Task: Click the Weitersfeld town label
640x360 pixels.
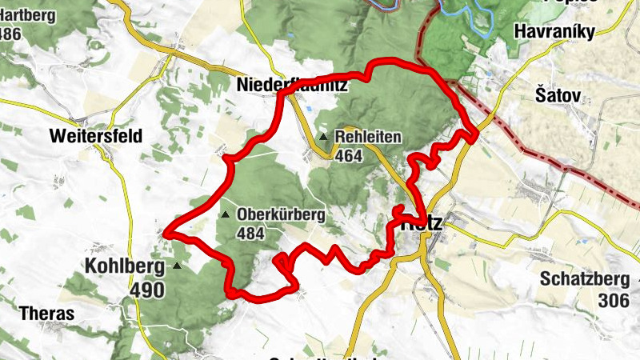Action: click(x=95, y=136)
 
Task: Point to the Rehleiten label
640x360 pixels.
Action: click(x=369, y=137)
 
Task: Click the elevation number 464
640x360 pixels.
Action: click(x=350, y=156)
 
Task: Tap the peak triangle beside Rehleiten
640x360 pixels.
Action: click(x=324, y=137)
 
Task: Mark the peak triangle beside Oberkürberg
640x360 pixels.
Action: click(x=226, y=214)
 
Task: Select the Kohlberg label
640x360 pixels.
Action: click(x=124, y=265)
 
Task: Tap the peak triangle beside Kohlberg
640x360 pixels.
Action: click(x=176, y=265)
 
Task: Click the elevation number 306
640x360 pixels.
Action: click(x=613, y=302)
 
